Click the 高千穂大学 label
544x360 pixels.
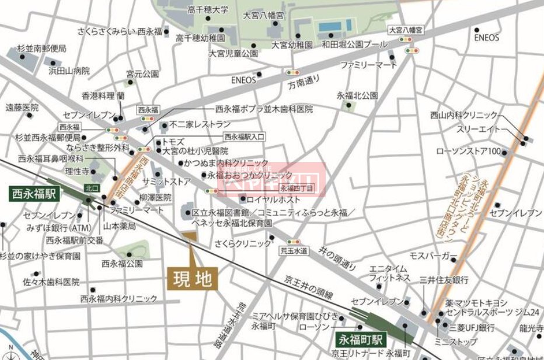coord(208,10)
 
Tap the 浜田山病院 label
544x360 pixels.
coord(69,71)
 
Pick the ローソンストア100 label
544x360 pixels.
coord(469,152)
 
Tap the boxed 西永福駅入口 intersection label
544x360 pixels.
coord(245,137)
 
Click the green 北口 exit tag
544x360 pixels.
coord(91,188)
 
